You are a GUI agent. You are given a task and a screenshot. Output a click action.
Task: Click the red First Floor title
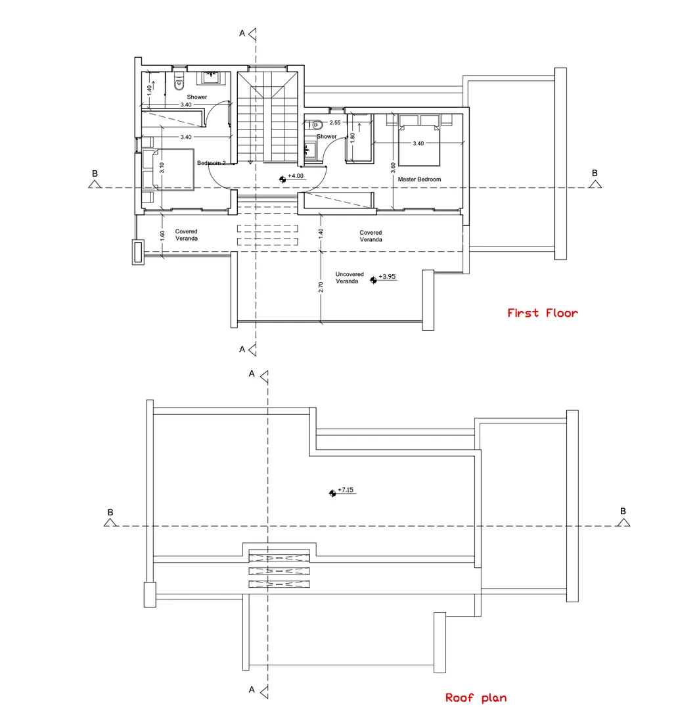(x=543, y=313)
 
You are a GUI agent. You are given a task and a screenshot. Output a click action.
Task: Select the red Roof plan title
(x=476, y=698)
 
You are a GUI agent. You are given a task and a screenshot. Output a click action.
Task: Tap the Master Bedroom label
(x=419, y=179)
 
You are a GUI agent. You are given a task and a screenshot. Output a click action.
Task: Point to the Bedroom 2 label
(x=212, y=162)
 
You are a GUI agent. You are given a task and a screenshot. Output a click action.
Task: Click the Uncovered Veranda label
(x=350, y=277)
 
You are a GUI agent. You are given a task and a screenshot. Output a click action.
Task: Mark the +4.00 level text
(x=296, y=176)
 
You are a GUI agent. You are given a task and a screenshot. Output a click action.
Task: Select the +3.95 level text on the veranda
(x=388, y=277)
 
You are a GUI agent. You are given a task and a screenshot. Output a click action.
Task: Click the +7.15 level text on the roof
(x=346, y=490)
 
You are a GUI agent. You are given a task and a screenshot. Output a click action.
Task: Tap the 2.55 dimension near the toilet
(x=335, y=122)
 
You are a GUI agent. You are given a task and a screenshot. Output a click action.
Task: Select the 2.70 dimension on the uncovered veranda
(x=321, y=287)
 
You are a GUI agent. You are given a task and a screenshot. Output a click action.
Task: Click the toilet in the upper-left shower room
(x=179, y=82)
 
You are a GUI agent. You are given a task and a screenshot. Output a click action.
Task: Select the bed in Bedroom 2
(x=169, y=171)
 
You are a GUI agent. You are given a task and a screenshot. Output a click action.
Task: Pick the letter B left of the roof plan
(x=110, y=511)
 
